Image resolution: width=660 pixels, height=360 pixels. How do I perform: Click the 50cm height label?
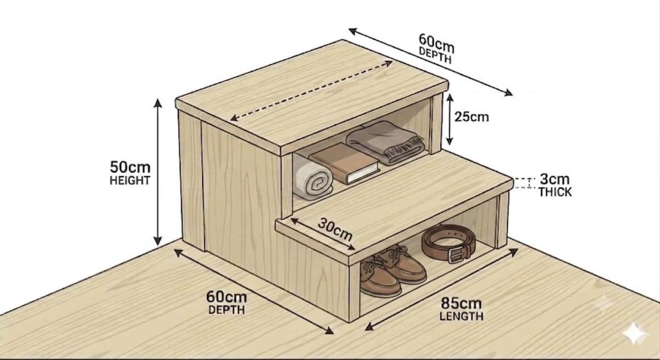coord(130,167)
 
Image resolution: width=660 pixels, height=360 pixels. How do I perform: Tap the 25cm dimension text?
coord(472,117)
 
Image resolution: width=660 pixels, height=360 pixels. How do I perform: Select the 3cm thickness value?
coord(554,179)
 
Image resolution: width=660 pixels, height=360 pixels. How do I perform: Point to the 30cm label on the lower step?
coord(335,229)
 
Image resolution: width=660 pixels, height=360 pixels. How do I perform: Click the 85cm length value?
coord(461,303)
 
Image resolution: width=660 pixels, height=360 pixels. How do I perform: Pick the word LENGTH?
coord(461,316)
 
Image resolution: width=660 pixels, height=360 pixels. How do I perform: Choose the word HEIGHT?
coord(130,181)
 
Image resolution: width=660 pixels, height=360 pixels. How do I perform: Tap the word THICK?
coord(555,192)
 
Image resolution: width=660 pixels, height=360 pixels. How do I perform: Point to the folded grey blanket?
coord(385,142)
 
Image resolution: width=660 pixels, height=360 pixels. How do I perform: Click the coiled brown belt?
coord(449,243)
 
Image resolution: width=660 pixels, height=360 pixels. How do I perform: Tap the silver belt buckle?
coord(456,254)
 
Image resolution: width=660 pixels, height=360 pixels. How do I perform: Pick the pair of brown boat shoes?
coord(393,271)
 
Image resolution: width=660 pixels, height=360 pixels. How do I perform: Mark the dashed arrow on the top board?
coord(311,91)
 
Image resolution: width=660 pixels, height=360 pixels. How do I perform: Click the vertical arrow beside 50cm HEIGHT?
coord(157,172)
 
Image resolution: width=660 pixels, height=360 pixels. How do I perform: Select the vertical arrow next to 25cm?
coord(450,119)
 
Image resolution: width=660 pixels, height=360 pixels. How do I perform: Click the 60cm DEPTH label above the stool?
coord(437,48)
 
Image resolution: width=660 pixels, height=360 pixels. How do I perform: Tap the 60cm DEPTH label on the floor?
coord(226,302)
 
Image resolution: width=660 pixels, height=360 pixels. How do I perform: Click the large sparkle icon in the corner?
coord(635,334)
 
